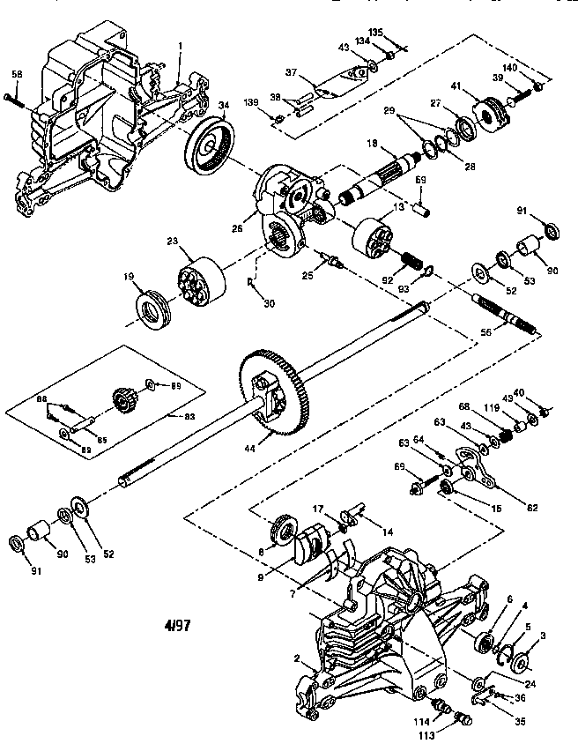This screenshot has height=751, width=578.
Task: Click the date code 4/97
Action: (177, 627)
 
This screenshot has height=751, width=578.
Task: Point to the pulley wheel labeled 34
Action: (209, 145)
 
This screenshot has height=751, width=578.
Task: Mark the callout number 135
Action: (375, 33)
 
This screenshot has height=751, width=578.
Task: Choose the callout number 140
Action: (535, 68)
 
